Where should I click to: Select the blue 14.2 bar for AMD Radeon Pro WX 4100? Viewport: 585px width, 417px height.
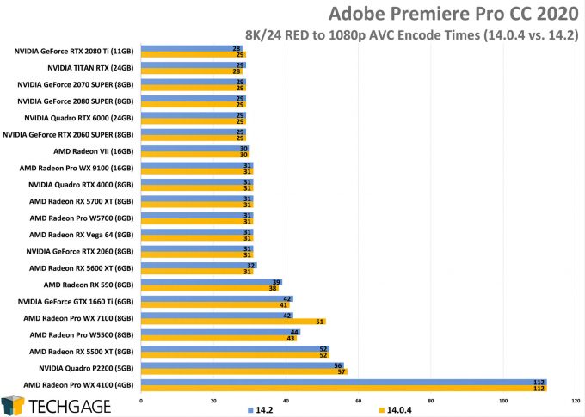click(x=343, y=382)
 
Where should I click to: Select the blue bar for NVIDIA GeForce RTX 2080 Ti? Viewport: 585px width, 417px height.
click(x=191, y=48)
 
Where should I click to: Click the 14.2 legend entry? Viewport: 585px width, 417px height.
click(x=259, y=409)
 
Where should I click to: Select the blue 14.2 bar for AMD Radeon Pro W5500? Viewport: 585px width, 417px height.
click(x=219, y=331)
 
